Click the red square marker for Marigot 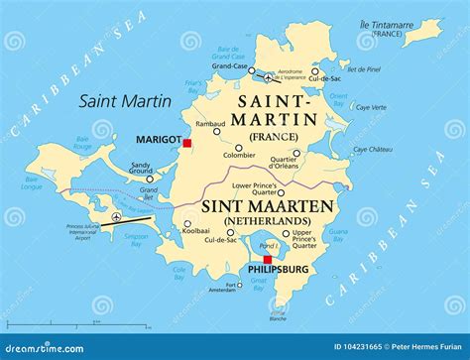186,143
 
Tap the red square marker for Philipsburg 267,260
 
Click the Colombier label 238,156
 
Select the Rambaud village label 210,125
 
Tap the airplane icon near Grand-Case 265,76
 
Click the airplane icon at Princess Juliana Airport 116,216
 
